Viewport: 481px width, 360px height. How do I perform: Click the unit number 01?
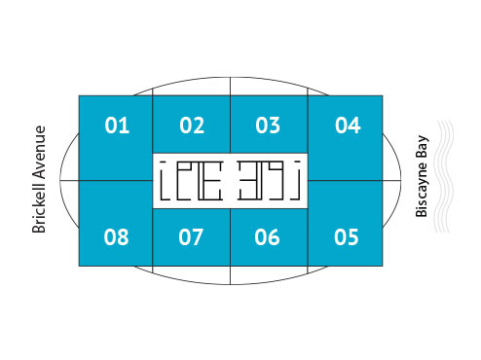pyautogui.click(x=117, y=125)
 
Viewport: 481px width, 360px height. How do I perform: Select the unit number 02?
pyautogui.click(x=192, y=126)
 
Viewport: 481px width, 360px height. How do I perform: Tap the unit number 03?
pyautogui.click(x=268, y=126)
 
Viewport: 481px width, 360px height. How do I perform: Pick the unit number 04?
pyautogui.click(x=348, y=125)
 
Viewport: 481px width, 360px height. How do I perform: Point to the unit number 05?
pyautogui.click(x=347, y=236)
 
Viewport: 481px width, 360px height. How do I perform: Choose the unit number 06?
pyautogui.click(x=268, y=236)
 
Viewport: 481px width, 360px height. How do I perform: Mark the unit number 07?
pyautogui.click(x=192, y=236)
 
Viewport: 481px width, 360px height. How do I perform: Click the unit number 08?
pyautogui.click(x=117, y=236)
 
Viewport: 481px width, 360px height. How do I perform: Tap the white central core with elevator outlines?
pyautogui.click(x=230, y=180)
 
